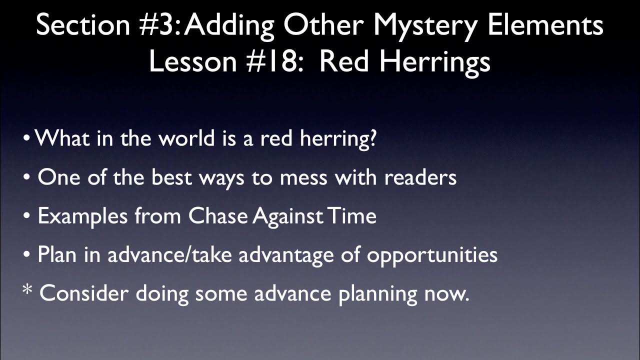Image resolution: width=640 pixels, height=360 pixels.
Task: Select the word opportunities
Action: (432, 255)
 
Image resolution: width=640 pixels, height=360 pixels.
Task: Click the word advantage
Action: (291, 255)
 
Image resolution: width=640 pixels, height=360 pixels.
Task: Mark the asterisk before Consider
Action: (28, 292)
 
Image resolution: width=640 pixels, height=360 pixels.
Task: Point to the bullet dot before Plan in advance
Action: (27, 255)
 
